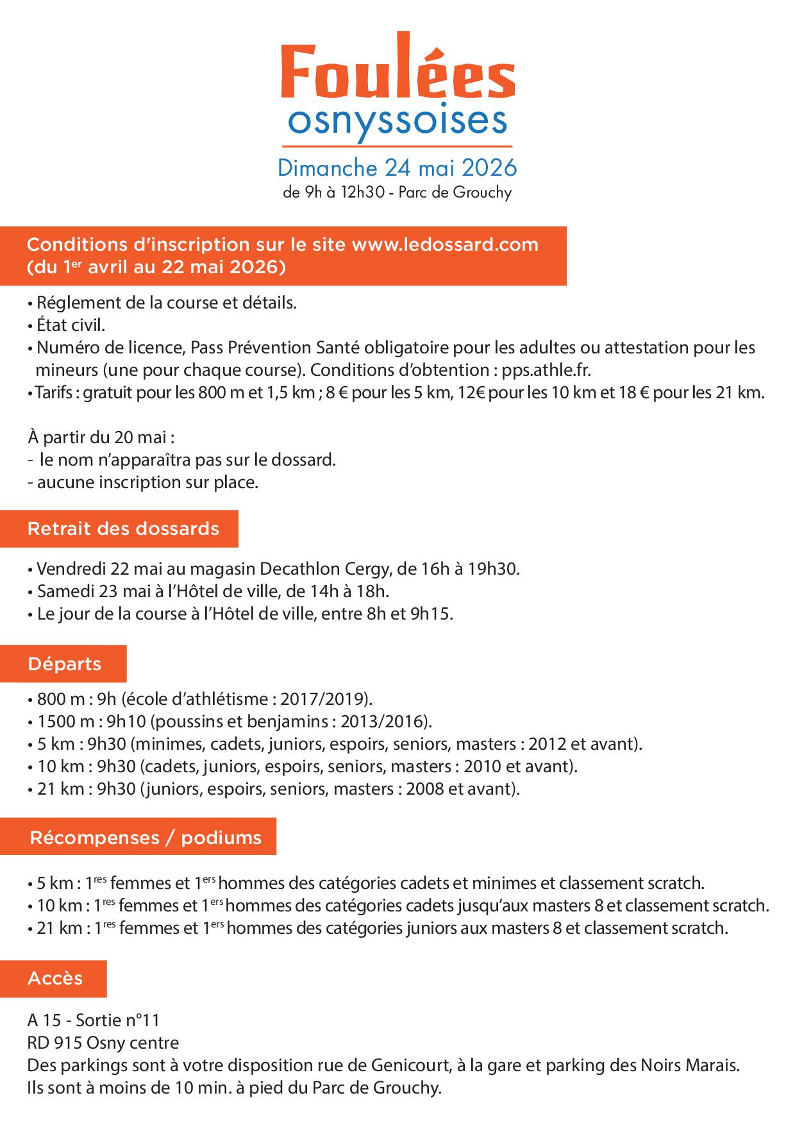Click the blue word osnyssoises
397,122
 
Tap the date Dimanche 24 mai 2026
397,168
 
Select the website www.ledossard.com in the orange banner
445,245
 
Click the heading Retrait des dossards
123,529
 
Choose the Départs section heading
64,664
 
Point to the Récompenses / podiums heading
146,838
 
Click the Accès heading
55,978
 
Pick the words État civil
71,325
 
